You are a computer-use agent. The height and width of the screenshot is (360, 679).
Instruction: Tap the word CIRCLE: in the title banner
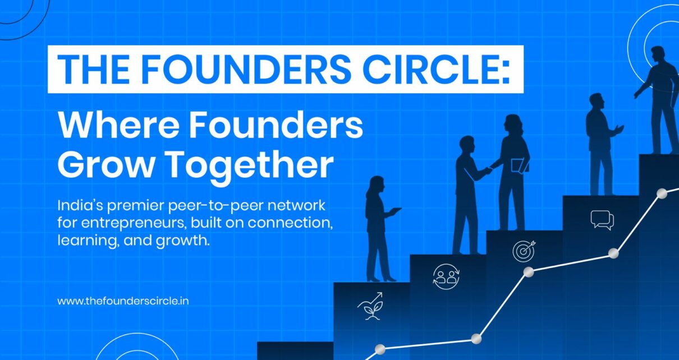tap(437, 70)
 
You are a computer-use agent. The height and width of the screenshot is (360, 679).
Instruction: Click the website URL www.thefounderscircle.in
tap(123, 301)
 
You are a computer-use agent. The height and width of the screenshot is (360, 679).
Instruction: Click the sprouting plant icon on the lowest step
tap(371, 306)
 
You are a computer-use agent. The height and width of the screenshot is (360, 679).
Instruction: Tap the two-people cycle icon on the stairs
tap(446, 277)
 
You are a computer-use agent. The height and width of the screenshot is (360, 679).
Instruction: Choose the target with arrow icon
tap(524, 251)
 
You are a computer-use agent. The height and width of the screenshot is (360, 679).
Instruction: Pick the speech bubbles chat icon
tap(602, 220)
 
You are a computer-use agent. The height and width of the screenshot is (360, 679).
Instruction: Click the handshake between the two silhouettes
tap(489, 170)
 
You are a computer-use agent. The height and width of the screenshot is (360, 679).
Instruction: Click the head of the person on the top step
tap(658, 55)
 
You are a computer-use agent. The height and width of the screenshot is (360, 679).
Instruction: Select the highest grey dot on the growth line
tap(662, 193)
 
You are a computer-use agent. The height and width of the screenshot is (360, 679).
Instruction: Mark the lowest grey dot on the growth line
tap(380, 349)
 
